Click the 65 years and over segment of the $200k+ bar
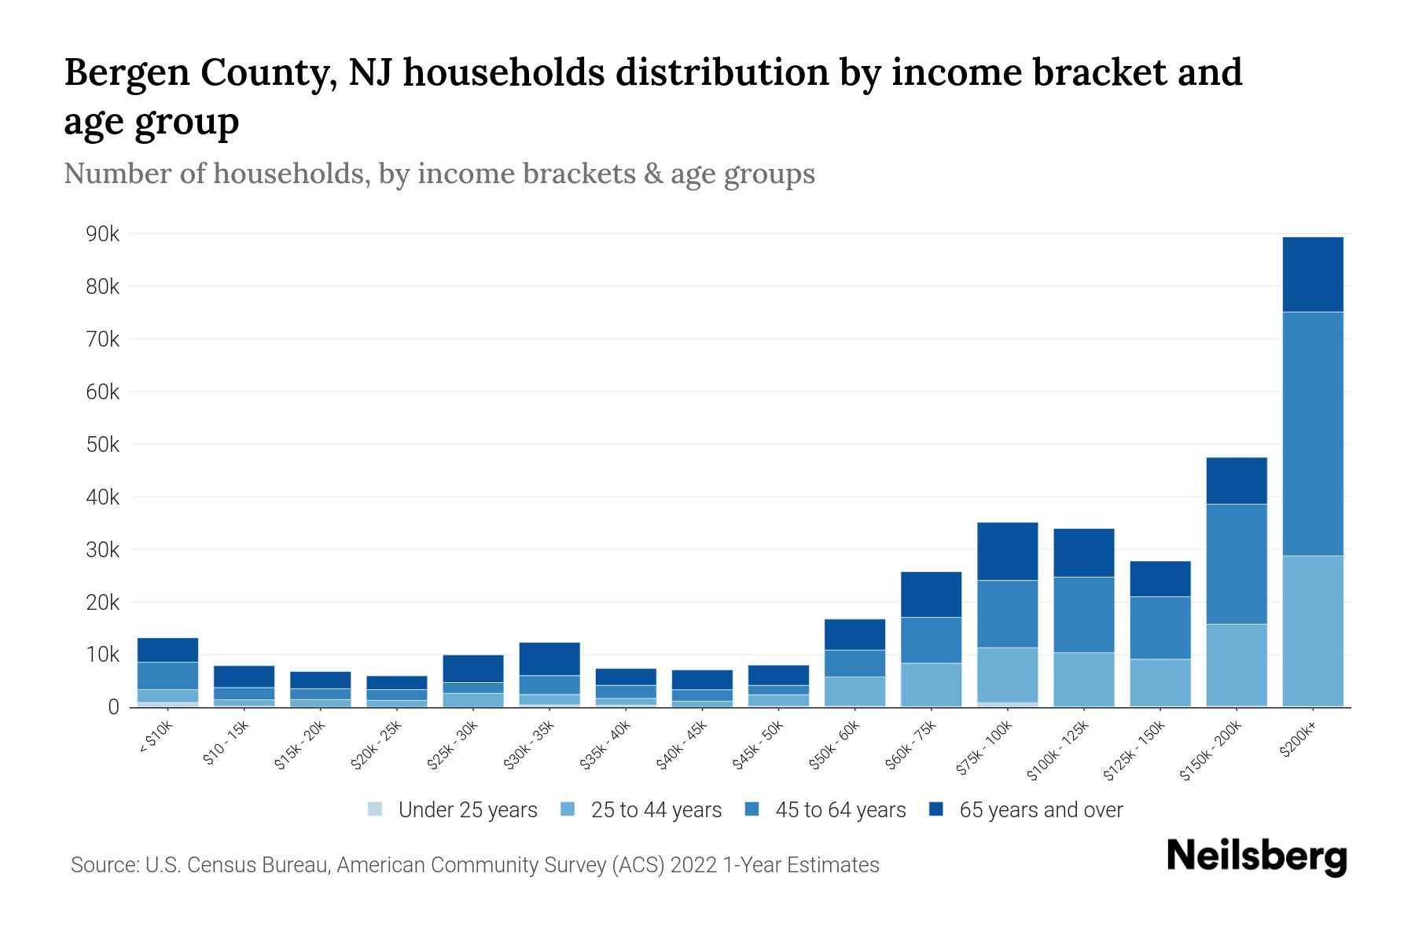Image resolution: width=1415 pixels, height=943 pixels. (1312, 274)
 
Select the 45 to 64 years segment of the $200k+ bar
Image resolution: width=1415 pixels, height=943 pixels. (1312, 434)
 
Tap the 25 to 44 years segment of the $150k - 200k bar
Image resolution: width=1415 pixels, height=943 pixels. (1236, 664)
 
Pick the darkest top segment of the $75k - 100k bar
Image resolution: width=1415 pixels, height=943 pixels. (1007, 551)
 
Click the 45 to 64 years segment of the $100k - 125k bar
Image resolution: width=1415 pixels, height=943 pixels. (1083, 615)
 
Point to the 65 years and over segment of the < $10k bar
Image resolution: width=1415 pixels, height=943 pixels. (167, 650)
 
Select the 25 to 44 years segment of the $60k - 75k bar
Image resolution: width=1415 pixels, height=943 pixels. (931, 684)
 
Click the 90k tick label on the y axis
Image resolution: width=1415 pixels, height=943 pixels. (103, 234)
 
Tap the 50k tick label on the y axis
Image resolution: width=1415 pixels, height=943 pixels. (103, 445)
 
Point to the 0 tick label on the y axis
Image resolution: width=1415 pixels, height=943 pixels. (113, 707)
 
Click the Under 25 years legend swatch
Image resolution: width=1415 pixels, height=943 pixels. (376, 809)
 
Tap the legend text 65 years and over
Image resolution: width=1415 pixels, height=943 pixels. (1041, 810)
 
